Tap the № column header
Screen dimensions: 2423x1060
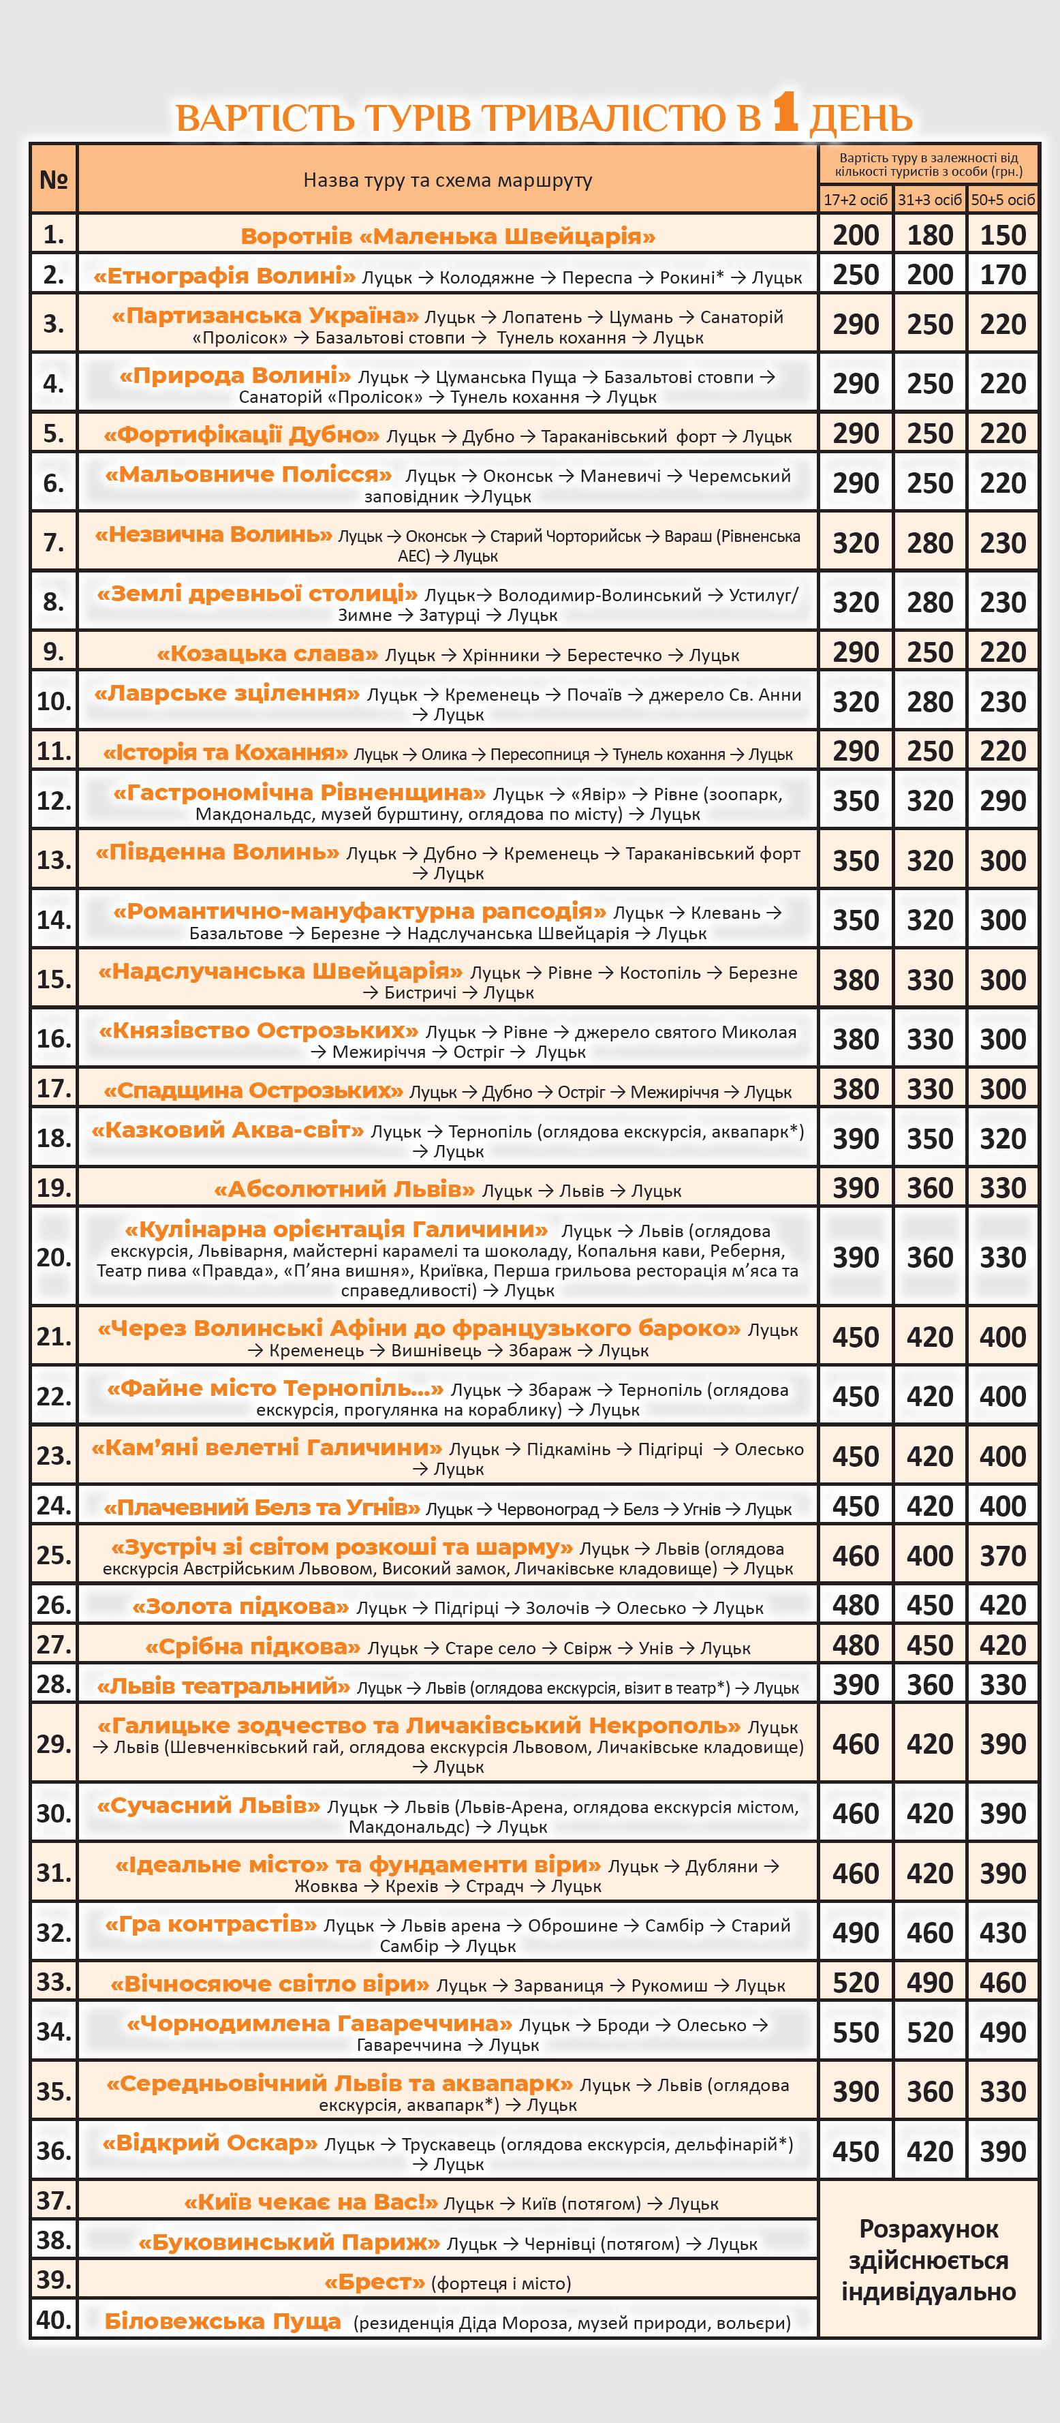pyautogui.click(x=54, y=179)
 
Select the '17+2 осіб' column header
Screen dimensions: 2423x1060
pyautogui.click(x=855, y=200)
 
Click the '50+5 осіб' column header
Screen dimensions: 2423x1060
pyautogui.click(x=1003, y=200)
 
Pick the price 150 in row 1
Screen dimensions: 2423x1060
pyautogui.click(x=1003, y=235)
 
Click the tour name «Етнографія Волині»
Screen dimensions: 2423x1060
pyautogui.click(x=224, y=275)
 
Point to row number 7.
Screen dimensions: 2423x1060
pyautogui.click(x=54, y=542)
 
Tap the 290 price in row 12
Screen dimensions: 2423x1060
pyautogui.click(x=1003, y=800)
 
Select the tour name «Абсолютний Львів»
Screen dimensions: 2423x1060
pyautogui.click(x=344, y=1189)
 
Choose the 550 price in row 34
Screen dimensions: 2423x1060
pyautogui.click(x=855, y=2032)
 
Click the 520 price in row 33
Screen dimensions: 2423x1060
pyautogui.click(x=855, y=1982)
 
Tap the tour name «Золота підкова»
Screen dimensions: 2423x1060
pyautogui.click(x=240, y=1606)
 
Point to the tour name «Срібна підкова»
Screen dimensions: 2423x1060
pyautogui.click(x=253, y=1646)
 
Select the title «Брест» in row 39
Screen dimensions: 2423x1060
pyautogui.click(x=375, y=2282)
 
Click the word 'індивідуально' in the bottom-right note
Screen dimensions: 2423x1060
pyautogui.click(x=929, y=2291)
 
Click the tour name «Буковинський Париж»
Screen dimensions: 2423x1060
pyautogui.click(x=289, y=2242)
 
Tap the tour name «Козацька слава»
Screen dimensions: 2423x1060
pyautogui.click(x=267, y=653)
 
